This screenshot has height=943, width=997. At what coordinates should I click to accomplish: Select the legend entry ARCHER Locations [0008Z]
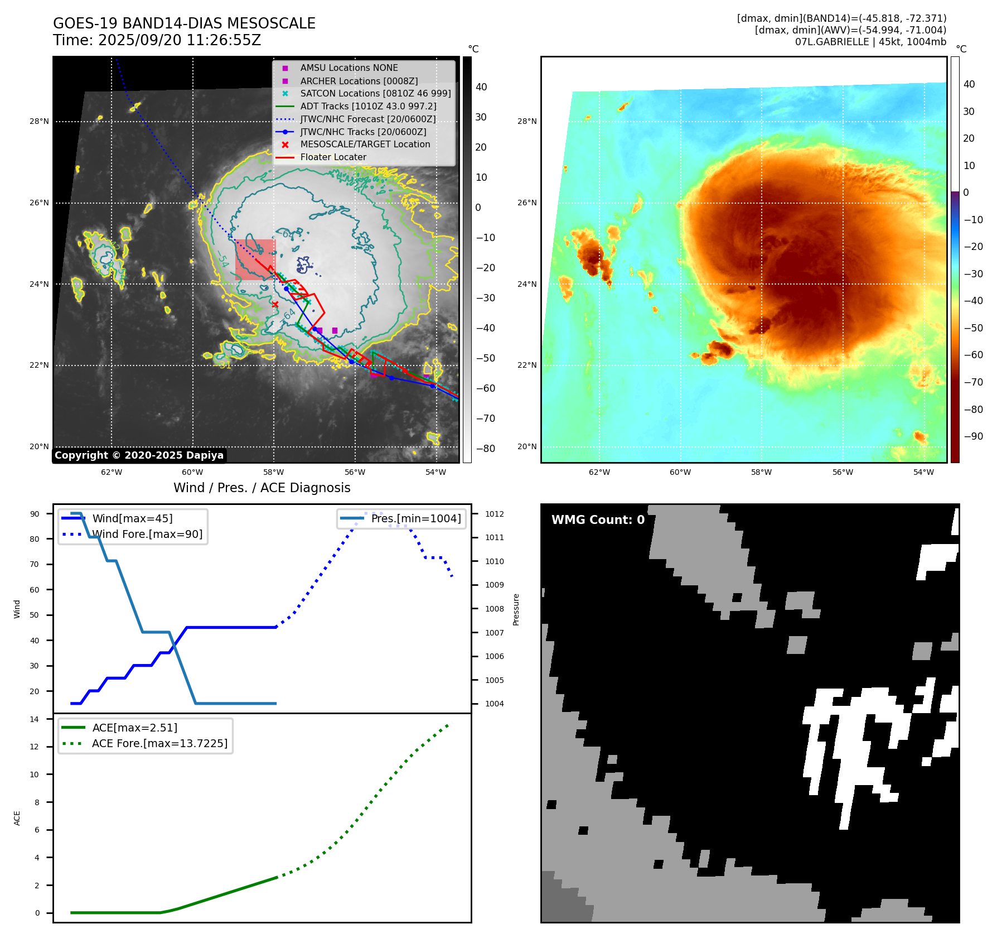point(359,81)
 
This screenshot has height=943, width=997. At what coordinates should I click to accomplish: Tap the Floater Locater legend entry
point(333,157)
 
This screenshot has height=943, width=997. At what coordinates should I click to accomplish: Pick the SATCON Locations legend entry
point(375,94)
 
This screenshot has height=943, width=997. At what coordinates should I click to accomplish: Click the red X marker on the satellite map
point(275,304)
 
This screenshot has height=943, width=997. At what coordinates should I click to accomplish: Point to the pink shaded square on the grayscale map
point(255,259)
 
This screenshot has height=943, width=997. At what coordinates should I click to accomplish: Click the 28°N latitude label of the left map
point(39,122)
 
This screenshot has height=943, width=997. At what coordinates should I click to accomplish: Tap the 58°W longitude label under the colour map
point(761,472)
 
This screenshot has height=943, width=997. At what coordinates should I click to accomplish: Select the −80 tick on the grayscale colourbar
point(483,449)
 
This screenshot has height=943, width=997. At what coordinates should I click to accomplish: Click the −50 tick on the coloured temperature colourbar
point(974,328)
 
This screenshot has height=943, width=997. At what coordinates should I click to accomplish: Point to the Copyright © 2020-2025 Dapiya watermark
point(139,455)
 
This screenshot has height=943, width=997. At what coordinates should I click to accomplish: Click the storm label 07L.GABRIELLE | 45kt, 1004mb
point(870,42)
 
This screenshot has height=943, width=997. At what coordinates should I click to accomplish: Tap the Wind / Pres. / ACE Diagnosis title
point(262,488)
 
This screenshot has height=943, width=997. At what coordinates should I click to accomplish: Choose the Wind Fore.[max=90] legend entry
point(147,535)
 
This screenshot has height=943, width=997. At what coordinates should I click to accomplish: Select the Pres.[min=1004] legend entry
point(415,519)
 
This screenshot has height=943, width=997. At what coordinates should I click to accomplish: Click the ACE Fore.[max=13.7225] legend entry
point(159,744)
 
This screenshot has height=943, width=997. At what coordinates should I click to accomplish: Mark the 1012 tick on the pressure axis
point(494,514)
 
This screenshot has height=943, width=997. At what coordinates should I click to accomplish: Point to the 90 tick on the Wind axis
point(35,514)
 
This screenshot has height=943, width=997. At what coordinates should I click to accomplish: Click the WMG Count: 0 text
point(598,520)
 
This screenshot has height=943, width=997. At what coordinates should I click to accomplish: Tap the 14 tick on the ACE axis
point(35,719)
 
